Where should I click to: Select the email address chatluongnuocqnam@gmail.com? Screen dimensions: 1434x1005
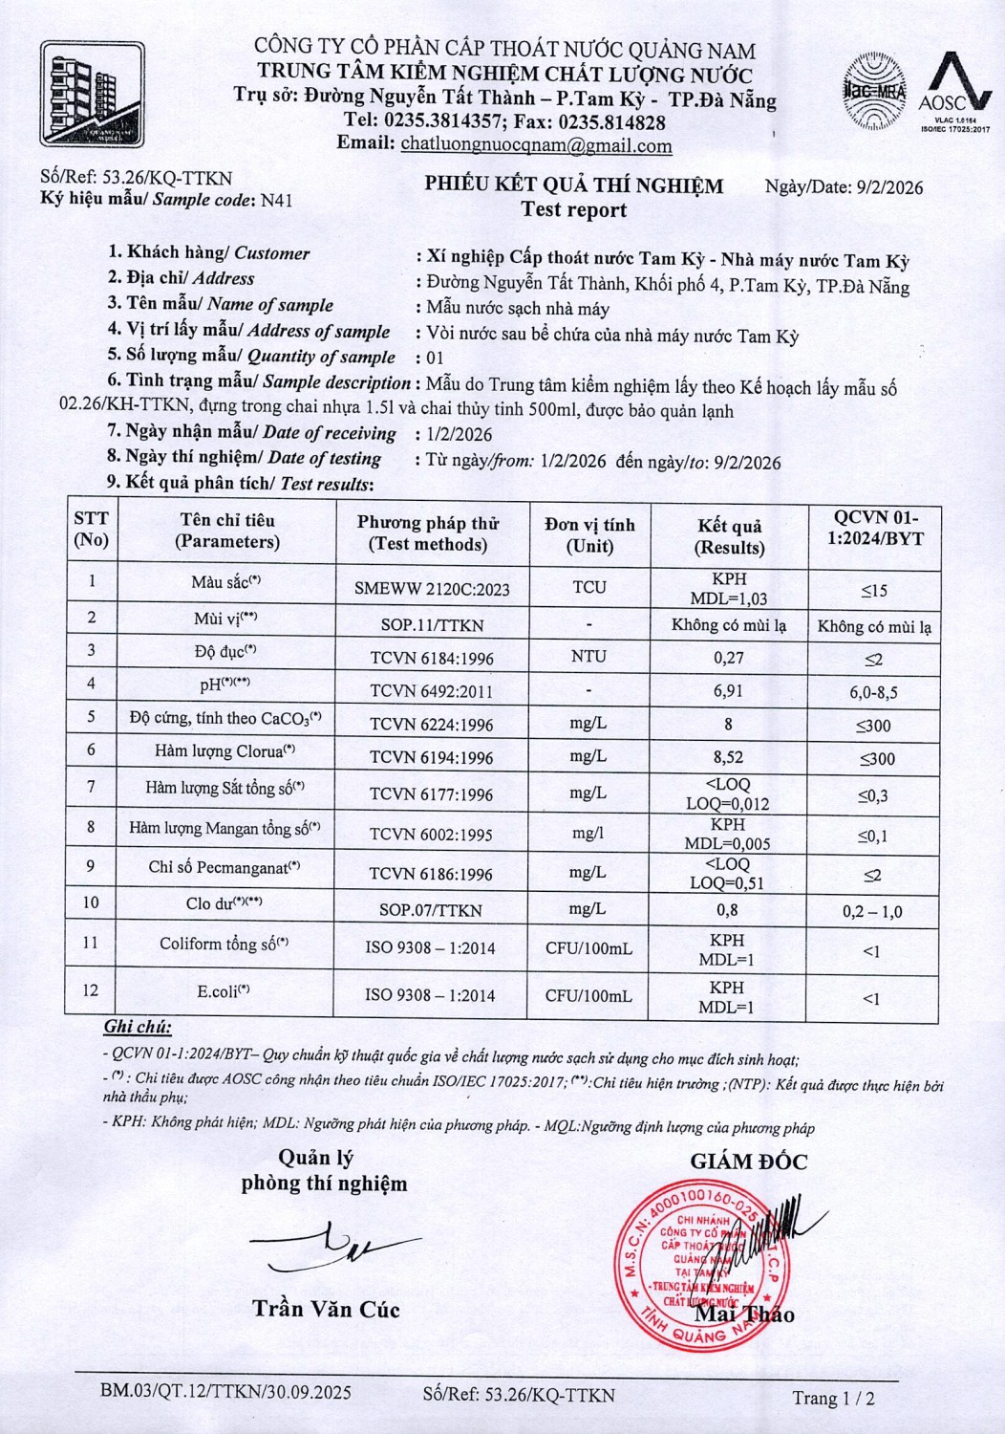coord(536,145)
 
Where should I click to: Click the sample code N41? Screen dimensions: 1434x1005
coord(277,200)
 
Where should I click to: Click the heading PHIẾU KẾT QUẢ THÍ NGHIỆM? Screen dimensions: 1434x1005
coord(573,185)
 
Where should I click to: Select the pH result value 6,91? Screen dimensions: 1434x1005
coord(728,690)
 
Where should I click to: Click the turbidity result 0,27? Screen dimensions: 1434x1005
coord(728,658)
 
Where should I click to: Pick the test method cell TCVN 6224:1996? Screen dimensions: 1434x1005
coord(432,725)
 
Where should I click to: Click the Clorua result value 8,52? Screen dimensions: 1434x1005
coord(728,757)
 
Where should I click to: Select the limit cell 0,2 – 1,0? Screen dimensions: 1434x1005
coord(872,911)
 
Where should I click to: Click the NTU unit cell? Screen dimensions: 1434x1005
coord(588,657)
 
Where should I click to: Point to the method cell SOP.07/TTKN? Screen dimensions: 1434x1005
coord(431,911)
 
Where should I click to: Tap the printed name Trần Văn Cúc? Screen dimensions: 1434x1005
coord(326,1309)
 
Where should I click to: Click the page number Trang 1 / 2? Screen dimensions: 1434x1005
coord(833,1398)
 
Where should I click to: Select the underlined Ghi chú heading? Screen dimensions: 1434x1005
coord(138,1028)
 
